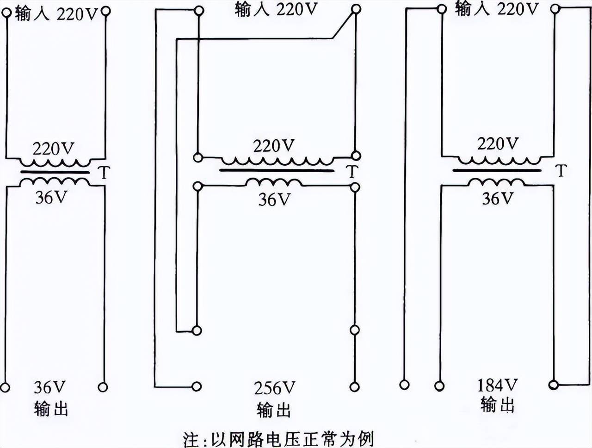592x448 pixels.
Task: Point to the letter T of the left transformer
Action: (x=105, y=173)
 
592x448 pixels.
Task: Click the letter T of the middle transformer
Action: (x=352, y=172)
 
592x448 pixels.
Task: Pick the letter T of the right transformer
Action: (x=561, y=171)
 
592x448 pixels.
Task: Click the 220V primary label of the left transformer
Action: (x=53, y=149)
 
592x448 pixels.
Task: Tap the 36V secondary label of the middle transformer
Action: (x=274, y=199)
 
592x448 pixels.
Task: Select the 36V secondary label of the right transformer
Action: (x=498, y=199)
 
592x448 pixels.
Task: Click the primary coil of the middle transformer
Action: (x=277, y=161)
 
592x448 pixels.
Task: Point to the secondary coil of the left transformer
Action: (x=55, y=182)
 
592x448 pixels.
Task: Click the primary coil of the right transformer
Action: (x=499, y=160)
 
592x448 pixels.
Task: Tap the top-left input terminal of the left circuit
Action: (x=6, y=12)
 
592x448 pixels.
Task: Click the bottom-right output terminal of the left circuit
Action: (x=103, y=387)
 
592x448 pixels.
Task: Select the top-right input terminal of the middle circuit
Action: (x=356, y=9)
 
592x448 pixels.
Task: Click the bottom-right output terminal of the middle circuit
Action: (x=355, y=386)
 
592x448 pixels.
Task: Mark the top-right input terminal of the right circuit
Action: (x=555, y=8)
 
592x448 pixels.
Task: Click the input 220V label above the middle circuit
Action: (x=276, y=9)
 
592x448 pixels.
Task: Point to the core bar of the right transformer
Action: (x=496, y=170)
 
